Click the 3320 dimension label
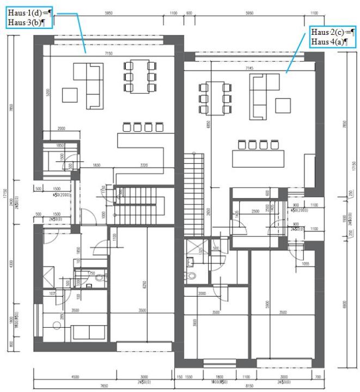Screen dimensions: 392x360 tap(144, 164)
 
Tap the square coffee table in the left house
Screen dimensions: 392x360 tap(70, 95)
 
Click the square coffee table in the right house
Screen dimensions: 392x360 tap(283, 105)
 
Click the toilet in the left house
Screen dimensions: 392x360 tap(99, 277)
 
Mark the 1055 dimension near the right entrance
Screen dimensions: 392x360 tap(305, 264)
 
